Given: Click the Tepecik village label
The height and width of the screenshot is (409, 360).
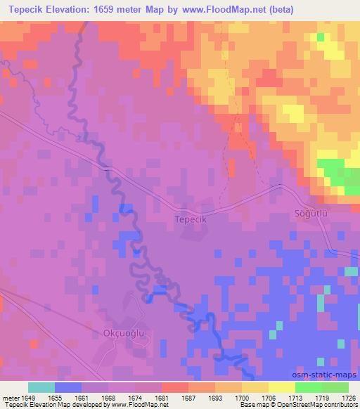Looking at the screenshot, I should pyautogui.click(x=189, y=219).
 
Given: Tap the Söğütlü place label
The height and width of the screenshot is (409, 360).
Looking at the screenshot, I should pyautogui.click(x=311, y=213).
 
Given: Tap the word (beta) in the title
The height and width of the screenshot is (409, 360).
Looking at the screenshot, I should pyautogui.click(x=278, y=10).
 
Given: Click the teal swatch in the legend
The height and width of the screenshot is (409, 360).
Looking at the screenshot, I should pyautogui.click(x=41, y=388).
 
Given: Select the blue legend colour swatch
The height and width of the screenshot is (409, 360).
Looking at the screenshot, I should pyautogui.click(x=68, y=388).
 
